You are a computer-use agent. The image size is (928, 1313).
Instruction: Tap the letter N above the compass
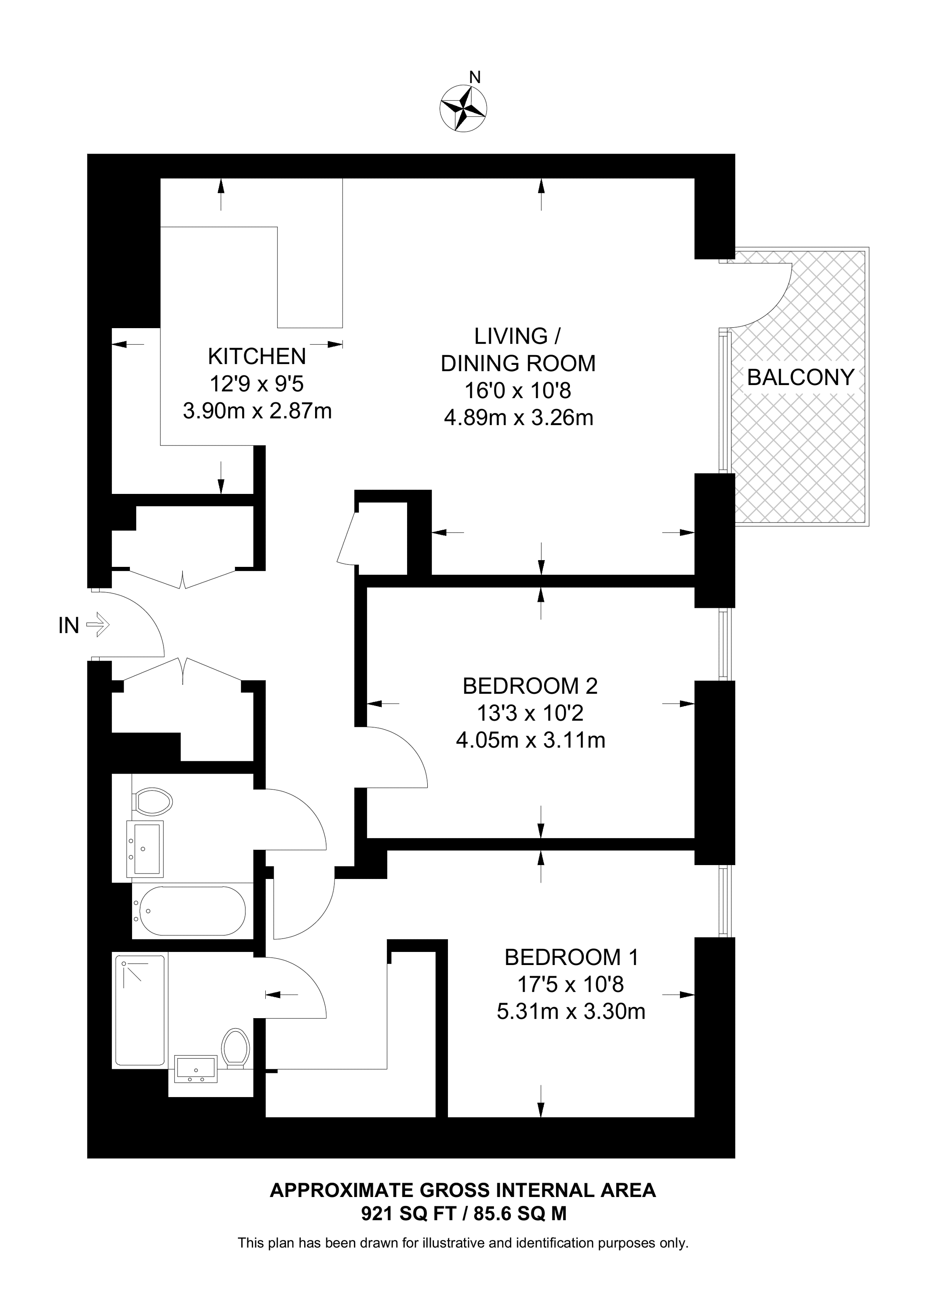point(475,77)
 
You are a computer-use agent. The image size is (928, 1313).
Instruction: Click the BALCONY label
point(801,377)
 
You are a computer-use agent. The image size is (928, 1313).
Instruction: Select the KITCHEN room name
point(257,356)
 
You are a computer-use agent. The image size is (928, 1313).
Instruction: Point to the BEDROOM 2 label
point(530,686)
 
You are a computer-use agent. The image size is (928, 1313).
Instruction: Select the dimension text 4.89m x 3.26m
point(518,418)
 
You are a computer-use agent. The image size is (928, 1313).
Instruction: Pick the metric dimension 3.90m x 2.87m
point(257,410)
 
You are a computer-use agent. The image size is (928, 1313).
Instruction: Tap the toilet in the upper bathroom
point(152,802)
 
